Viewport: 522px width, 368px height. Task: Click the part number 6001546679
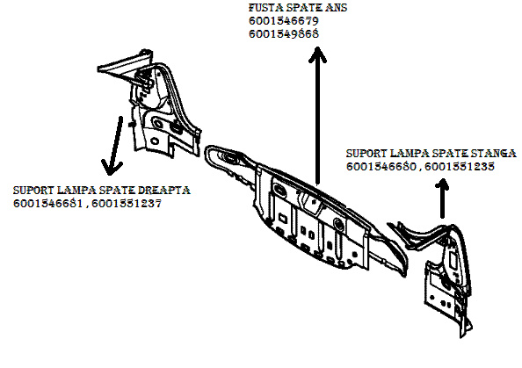284,21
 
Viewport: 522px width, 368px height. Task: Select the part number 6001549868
284,33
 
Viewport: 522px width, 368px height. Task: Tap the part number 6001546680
381,166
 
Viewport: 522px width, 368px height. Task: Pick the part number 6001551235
460,166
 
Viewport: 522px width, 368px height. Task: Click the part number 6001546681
47,203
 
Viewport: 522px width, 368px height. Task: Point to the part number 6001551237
127,203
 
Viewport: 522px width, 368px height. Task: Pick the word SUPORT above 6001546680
366,154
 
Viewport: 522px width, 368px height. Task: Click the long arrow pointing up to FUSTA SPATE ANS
317,115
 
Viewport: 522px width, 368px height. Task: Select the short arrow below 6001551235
442,198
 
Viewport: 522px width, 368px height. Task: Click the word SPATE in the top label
303,8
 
